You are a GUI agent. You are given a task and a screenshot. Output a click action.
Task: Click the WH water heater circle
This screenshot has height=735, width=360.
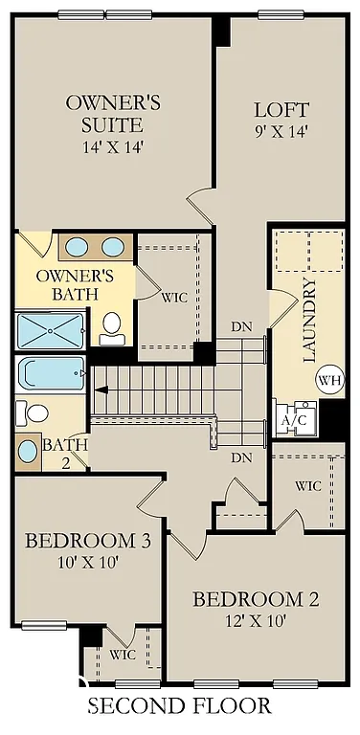click(329, 380)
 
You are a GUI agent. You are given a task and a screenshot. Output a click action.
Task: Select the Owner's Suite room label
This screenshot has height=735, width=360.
click(105, 112)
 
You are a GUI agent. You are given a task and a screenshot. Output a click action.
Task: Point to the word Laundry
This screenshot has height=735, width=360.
click(309, 321)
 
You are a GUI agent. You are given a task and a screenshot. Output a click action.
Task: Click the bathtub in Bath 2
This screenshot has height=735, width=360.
click(52, 374)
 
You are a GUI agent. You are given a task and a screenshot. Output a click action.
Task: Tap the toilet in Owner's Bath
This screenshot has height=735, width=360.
click(112, 325)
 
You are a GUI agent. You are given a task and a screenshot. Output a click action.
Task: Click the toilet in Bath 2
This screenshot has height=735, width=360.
click(34, 413)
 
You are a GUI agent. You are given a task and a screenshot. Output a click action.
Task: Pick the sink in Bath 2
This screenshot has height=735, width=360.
click(28, 448)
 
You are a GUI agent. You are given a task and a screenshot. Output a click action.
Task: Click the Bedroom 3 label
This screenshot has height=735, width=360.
click(87, 541)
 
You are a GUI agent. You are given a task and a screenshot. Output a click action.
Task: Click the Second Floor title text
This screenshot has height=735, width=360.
click(180, 707)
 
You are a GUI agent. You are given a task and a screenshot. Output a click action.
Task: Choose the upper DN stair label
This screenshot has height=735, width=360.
click(241, 326)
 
